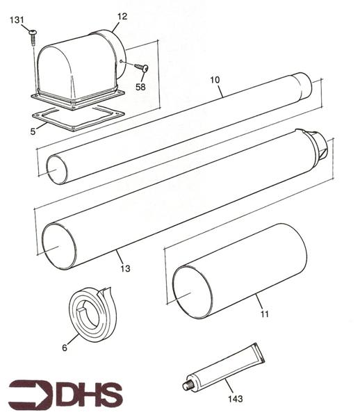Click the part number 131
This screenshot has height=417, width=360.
pos(17,20)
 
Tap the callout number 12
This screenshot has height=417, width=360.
pos(122,17)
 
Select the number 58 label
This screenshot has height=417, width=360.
pos(140,87)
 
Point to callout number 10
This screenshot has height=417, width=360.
pos(215,80)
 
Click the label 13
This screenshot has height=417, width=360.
pos(125,268)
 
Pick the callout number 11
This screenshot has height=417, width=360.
pos(264,314)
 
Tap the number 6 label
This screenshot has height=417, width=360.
pos(65,347)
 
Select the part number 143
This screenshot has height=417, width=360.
pos(236,399)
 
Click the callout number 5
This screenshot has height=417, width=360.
pos(33,131)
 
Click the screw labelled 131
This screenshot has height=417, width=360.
pos(33,38)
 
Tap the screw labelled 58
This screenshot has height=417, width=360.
pos(142,67)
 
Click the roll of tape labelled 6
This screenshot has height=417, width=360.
pos(92,314)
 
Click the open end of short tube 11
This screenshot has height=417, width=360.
pos(193,292)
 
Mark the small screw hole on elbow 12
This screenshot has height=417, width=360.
pos(121,61)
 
